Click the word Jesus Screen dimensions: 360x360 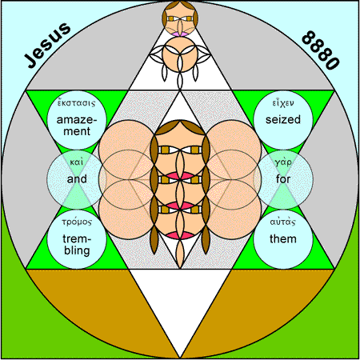point(47,46)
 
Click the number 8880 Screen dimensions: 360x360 point(321,50)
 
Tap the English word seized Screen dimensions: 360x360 point(283,119)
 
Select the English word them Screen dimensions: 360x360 point(283,238)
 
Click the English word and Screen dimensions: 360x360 point(77,178)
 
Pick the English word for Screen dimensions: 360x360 point(283,178)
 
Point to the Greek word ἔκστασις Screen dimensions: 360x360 point(77,102)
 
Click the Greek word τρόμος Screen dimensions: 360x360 point(77,222)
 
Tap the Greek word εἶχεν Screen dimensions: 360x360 point(283,102)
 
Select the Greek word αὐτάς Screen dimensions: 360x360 point(283,222)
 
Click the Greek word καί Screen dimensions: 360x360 point(77,162)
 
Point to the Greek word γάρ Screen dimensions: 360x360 point(283,162)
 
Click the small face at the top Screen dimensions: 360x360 point(180,18)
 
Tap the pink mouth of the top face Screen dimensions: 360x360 point(180,34)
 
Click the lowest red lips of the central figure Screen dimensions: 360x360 point(180,235)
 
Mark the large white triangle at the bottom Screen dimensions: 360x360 point(180,302)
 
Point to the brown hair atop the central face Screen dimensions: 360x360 point(180,126)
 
